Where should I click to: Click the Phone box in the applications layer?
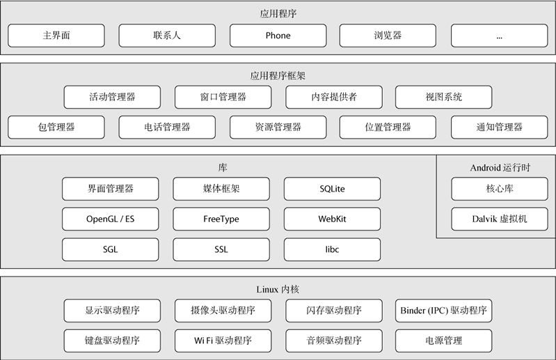[x=278, y=36]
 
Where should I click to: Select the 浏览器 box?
[x=388, y=36]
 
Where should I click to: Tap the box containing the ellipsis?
[x=499, y=36]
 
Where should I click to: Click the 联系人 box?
[x=167, y=36]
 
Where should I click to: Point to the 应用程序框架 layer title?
[x=278, y=75]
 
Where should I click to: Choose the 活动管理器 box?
[x=112, y=97]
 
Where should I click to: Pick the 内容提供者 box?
[x=333, y=97]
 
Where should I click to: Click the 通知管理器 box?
[x=499, y=127]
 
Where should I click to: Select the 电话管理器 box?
[x=167, y=127]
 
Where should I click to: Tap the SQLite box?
[x=332, y=189]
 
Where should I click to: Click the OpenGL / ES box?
[x=110, y=219]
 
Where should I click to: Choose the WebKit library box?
[x=332, y=219]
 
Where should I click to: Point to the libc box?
[x=332, y=249]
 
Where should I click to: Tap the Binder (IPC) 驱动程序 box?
[x=443, y=311]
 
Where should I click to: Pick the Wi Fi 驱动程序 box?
[x=223, y=341]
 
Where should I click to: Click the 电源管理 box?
[x=443, y=341]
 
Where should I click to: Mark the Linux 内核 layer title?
[x=278, y=289]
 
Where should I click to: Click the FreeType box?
[x=221, y=219]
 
